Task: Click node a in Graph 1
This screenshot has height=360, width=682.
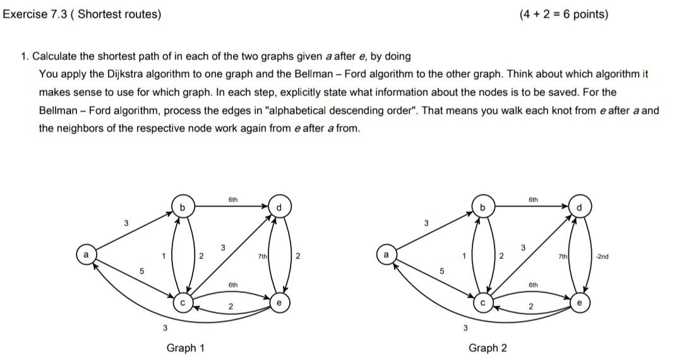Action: tap(83, 255)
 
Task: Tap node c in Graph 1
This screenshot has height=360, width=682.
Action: tap(182, 303)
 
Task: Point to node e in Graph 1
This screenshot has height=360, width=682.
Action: tap(279, 303)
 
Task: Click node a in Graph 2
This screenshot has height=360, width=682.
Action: tap(385, 255)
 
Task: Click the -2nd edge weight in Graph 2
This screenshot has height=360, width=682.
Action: tap(601, 256)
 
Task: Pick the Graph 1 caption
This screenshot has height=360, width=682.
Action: tap(185, 348)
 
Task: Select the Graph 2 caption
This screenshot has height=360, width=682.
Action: tap(487, 348)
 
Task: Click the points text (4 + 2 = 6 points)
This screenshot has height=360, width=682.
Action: tap(564, 14)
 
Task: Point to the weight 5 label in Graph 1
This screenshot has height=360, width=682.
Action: tap(142, 272)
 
